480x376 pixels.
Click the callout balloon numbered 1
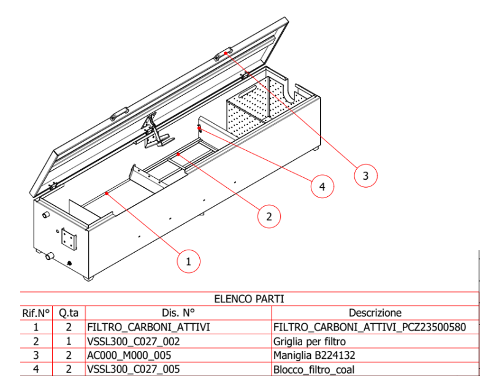click(x=189, y=261)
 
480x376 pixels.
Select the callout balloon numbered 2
click(x=269, y=217)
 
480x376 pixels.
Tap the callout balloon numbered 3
click(x=365, y=176)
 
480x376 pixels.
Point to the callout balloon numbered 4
click(x=322, y=186)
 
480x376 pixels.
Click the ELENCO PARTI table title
click(x=249, y=299)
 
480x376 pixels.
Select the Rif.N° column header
click(x=36, y=313)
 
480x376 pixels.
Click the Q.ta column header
click(x=69, y=313)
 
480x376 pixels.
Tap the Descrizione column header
click(x=375, y=313)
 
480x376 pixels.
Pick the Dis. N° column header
click(x=178, y=313)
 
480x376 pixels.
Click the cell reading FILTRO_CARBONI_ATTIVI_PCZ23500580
click(x=370, y=328)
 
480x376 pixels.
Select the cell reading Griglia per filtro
click(x=310, y=342)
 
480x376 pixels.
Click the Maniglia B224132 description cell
click(x=314, y=355)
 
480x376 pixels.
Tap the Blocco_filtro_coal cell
click(x=314, y=369)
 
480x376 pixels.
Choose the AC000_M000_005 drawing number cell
click(x=129, y=355)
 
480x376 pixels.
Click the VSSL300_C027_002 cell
click(x=134, y=342)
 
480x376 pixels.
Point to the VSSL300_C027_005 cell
click(x=134, y=369)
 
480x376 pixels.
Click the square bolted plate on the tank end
click(x=69, y=238)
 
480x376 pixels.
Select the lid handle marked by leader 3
click(x=223, y=54)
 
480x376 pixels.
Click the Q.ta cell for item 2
click(x=69, y=342)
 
